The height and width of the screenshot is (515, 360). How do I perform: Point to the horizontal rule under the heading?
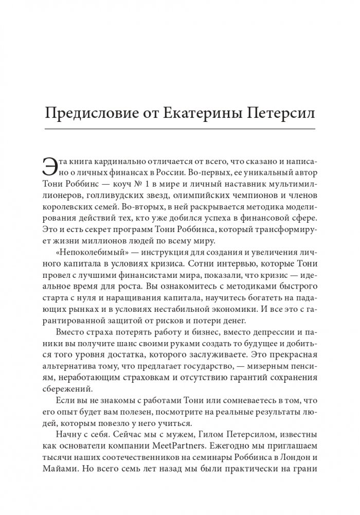coord(180,128)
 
